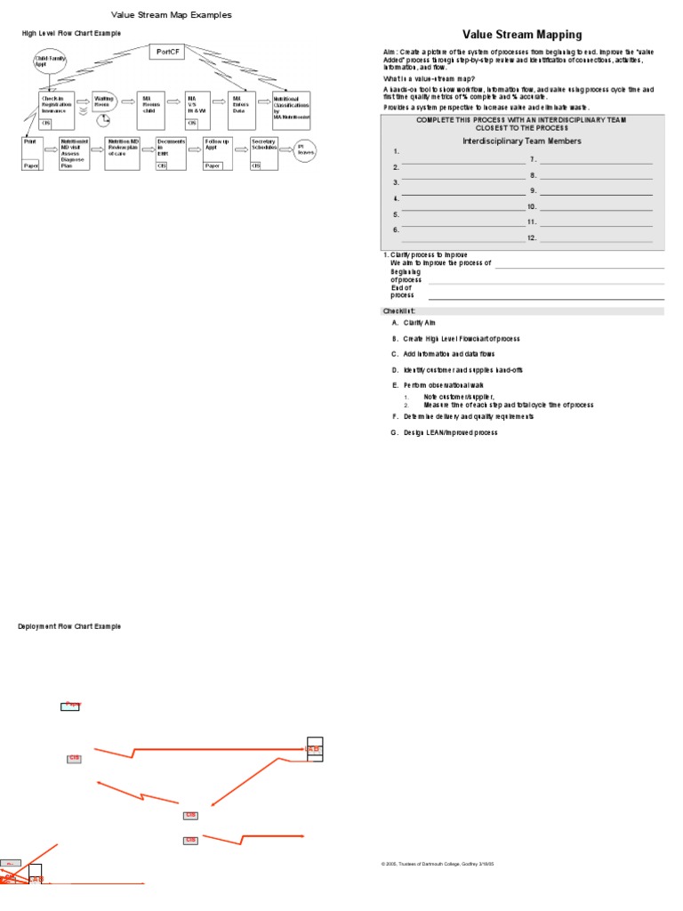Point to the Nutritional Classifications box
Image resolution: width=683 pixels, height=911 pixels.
292,107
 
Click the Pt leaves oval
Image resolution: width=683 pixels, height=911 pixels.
306,149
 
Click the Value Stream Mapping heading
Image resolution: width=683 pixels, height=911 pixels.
522,35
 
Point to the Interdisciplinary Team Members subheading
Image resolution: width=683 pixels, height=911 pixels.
522,141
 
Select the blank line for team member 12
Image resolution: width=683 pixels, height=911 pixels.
596,240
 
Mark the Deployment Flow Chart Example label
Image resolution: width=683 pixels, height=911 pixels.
69,626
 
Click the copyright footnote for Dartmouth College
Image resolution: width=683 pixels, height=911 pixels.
437,863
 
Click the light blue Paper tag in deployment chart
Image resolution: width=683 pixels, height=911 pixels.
70,705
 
